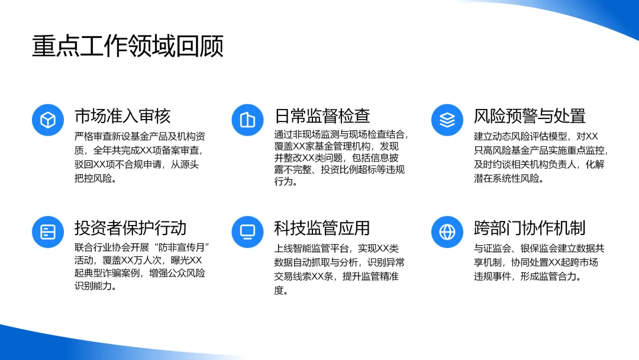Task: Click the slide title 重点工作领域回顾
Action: (128, 45)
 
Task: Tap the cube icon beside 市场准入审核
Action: (48, 120)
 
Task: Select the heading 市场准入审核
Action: (122, 116)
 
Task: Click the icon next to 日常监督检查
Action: (247, 120)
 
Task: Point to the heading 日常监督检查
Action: (322, 116)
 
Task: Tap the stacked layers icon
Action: (447, 120)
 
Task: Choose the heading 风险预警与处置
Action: (530, 116)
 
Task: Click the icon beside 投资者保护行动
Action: (48, 232)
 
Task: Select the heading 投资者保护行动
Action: (130, 228)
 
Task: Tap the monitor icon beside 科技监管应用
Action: (247, 232)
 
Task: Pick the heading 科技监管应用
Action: (322, 228)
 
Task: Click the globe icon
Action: (447, 232)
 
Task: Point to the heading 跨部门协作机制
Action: (530, 228)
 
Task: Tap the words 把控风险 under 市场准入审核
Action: (93, 179)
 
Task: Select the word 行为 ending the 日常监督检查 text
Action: (283, 181)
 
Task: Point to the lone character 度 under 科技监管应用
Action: (279, 291)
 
